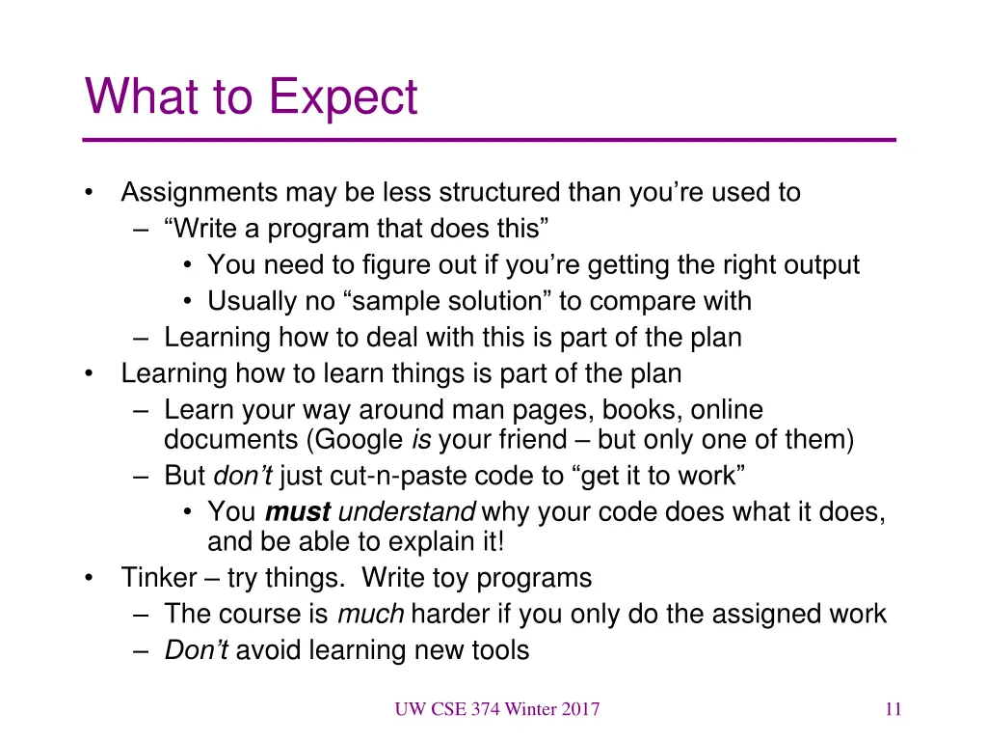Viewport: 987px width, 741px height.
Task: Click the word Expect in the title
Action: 343,97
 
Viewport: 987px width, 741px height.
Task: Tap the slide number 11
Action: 893,710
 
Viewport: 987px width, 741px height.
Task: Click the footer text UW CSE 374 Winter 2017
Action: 496,710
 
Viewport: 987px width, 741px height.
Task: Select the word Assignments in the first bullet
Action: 199,193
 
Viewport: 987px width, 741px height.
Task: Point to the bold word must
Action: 298,512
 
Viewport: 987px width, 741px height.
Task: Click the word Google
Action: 356,441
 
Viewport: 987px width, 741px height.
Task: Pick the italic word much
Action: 370,614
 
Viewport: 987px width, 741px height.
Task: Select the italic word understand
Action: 407,512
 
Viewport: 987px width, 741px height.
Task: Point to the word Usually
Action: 253,301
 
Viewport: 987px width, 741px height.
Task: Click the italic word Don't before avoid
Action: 196,650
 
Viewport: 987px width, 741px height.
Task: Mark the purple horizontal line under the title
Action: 490,141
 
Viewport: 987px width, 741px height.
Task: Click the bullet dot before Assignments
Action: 90,193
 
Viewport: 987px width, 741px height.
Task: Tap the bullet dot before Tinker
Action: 90,578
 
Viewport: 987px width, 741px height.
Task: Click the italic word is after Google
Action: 420,441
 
